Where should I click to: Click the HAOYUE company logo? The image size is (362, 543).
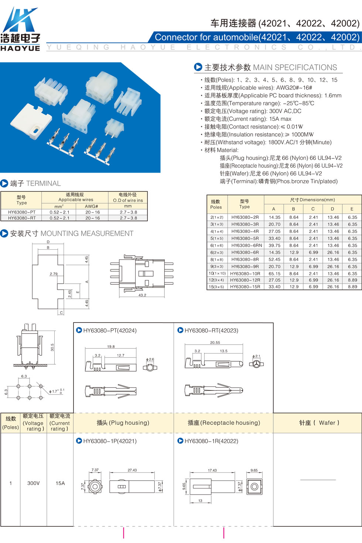coord(20,28)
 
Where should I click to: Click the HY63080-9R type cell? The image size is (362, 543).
coord(245,266)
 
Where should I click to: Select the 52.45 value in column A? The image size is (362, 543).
coord(274,259)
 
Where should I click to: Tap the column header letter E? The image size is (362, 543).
coord(352,209)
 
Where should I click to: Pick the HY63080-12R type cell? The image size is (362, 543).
coord(245,280)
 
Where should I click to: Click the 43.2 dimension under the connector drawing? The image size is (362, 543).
coord(142,295)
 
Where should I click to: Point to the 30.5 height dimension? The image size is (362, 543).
coord(52,347)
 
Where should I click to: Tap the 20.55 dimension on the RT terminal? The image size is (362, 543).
coord(215,342)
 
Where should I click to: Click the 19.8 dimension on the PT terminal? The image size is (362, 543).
coord(111,346)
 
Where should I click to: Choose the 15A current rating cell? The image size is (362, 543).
coord(60,483)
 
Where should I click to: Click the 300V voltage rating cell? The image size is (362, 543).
coord(33,483)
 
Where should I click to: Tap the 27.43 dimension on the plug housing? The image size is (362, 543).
coord(132,470)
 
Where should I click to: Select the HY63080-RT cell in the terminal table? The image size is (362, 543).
coord(22,218)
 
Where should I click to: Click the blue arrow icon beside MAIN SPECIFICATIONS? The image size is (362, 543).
coord(198,67)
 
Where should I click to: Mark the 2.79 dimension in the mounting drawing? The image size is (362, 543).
coord(54,274)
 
